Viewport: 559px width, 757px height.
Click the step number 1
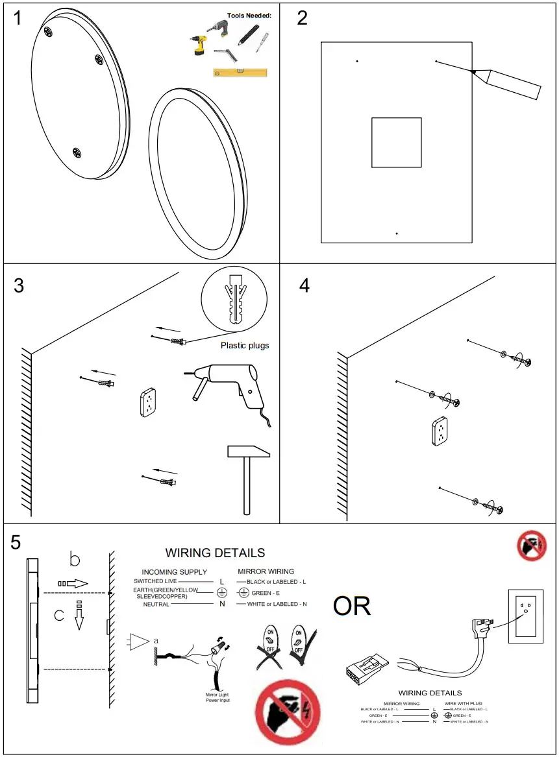[18, 18]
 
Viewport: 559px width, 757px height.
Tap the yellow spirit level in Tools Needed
[240, 72]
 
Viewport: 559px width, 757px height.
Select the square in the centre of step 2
[396, 142]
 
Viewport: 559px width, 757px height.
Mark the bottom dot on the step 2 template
[396, 234]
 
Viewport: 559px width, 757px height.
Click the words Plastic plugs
[245, 345]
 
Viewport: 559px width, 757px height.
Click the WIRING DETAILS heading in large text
[215, 553]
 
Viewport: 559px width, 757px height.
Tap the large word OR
[352, 606]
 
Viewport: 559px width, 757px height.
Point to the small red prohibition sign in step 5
[532, 546]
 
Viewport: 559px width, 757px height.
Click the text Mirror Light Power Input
[218, 697]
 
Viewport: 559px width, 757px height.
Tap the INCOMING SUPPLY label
[175, 572]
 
